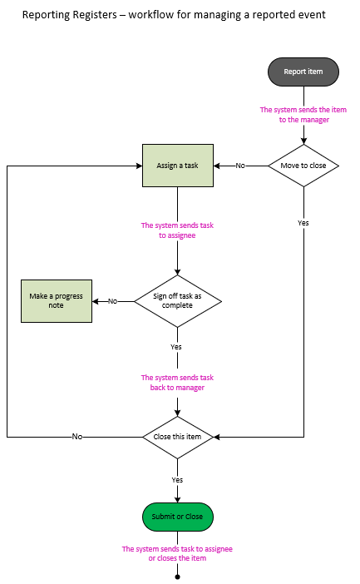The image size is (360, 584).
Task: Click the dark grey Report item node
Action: pyautogui.click(x=303, y=72)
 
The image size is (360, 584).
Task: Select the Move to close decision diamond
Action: pyautogui.click(x=303, y=166)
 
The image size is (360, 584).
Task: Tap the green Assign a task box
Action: pyautogui.click(x=177, y=166)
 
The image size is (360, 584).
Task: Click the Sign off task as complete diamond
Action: pyautogui.click(x=177, y=300)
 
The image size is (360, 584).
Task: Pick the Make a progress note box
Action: pyautogui.click(x=56, y=300)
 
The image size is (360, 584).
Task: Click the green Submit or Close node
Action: pyautogui.click(x=177, y=517)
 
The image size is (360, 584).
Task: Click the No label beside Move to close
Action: pyautogui.click(x=240, y=166)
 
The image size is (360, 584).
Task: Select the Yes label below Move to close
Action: pyautogui.click(x=303, y=223)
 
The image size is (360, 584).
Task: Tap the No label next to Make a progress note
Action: pyautogui.click(x=112, y=301)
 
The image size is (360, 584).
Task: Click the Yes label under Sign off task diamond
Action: pyautogui.click(x=176, y=346)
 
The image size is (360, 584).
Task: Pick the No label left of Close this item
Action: pyautogui.click(x=76, y=437)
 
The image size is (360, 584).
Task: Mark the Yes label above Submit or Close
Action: pyautogui.click(x=177, y=480)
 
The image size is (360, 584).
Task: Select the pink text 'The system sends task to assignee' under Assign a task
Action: pyautogui.click(x=177, y=230)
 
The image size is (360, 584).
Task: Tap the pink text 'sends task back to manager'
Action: pyautogui.click(x=177, y=383)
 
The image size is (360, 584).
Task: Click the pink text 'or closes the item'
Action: pyautogui.click(x=177, y=558)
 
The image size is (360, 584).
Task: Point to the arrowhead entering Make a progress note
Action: pyautogui.click(x=96, y=300)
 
